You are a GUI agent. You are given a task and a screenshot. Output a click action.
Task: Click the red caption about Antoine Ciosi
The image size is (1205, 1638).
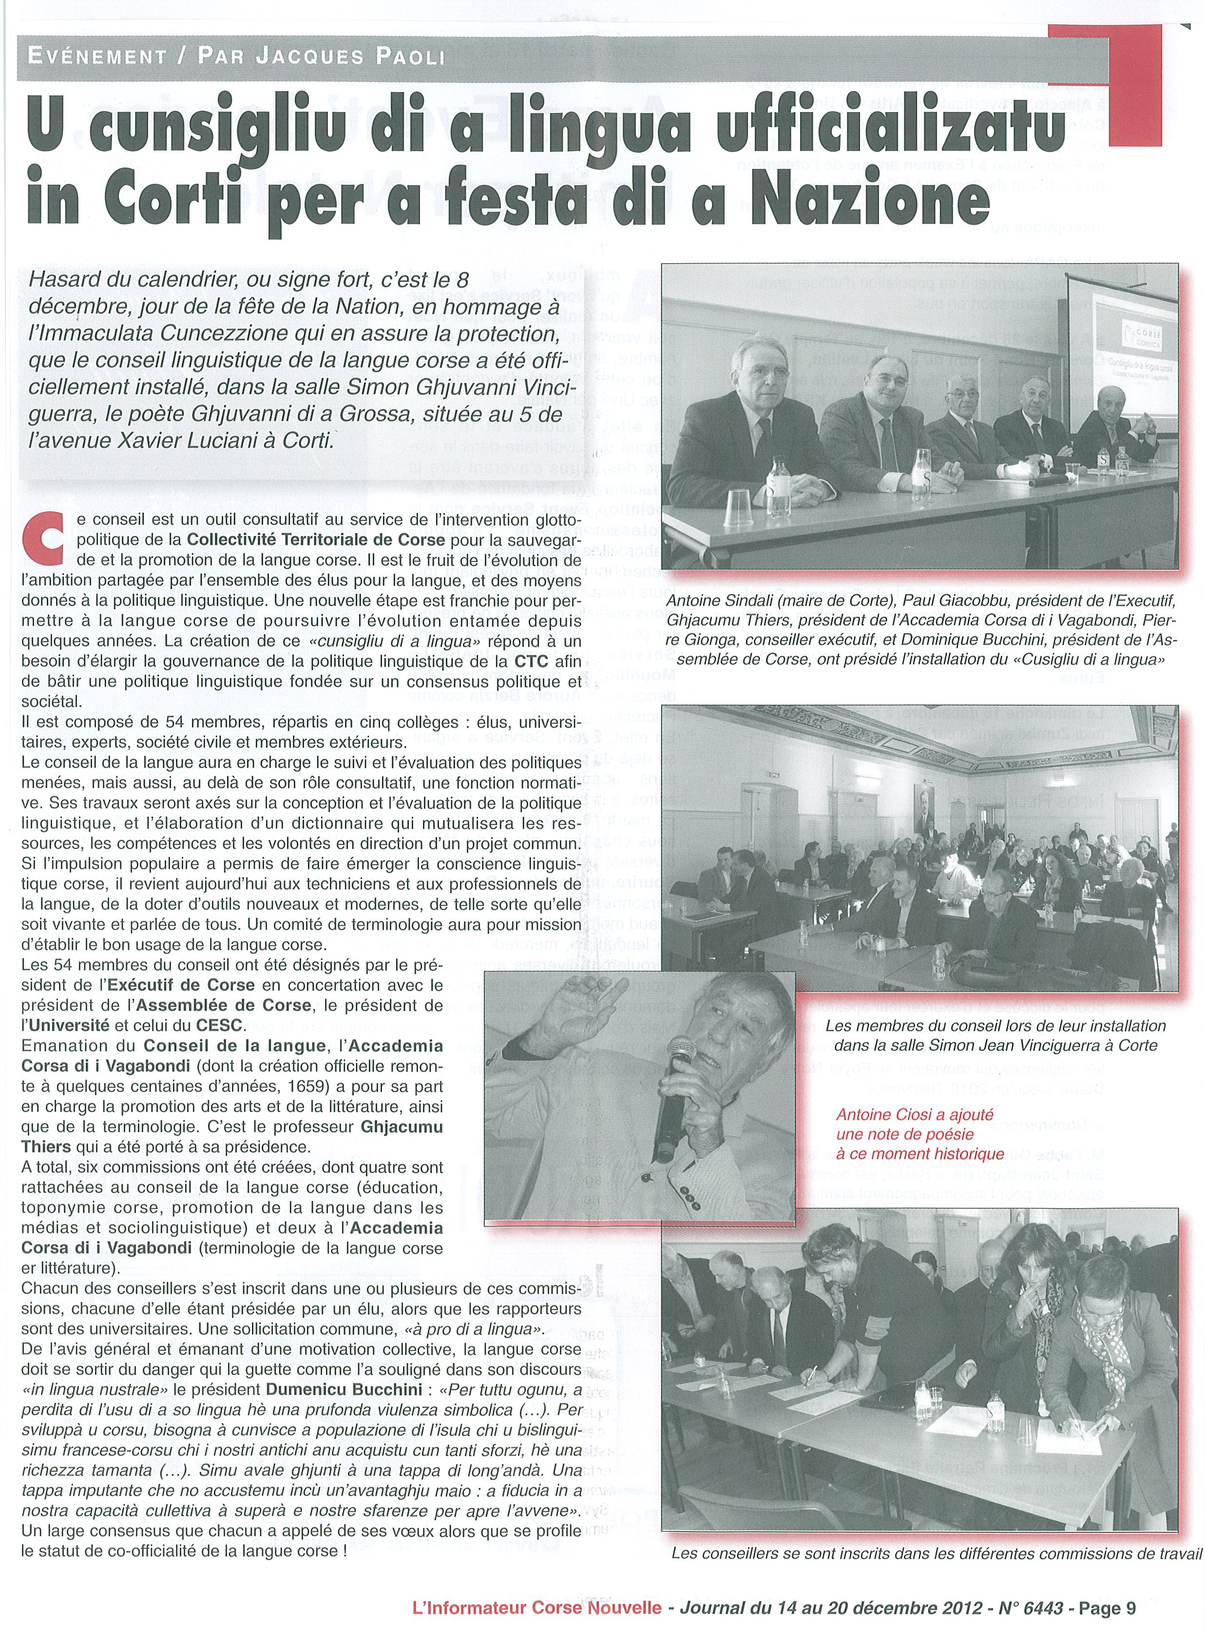pos(920,1135)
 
